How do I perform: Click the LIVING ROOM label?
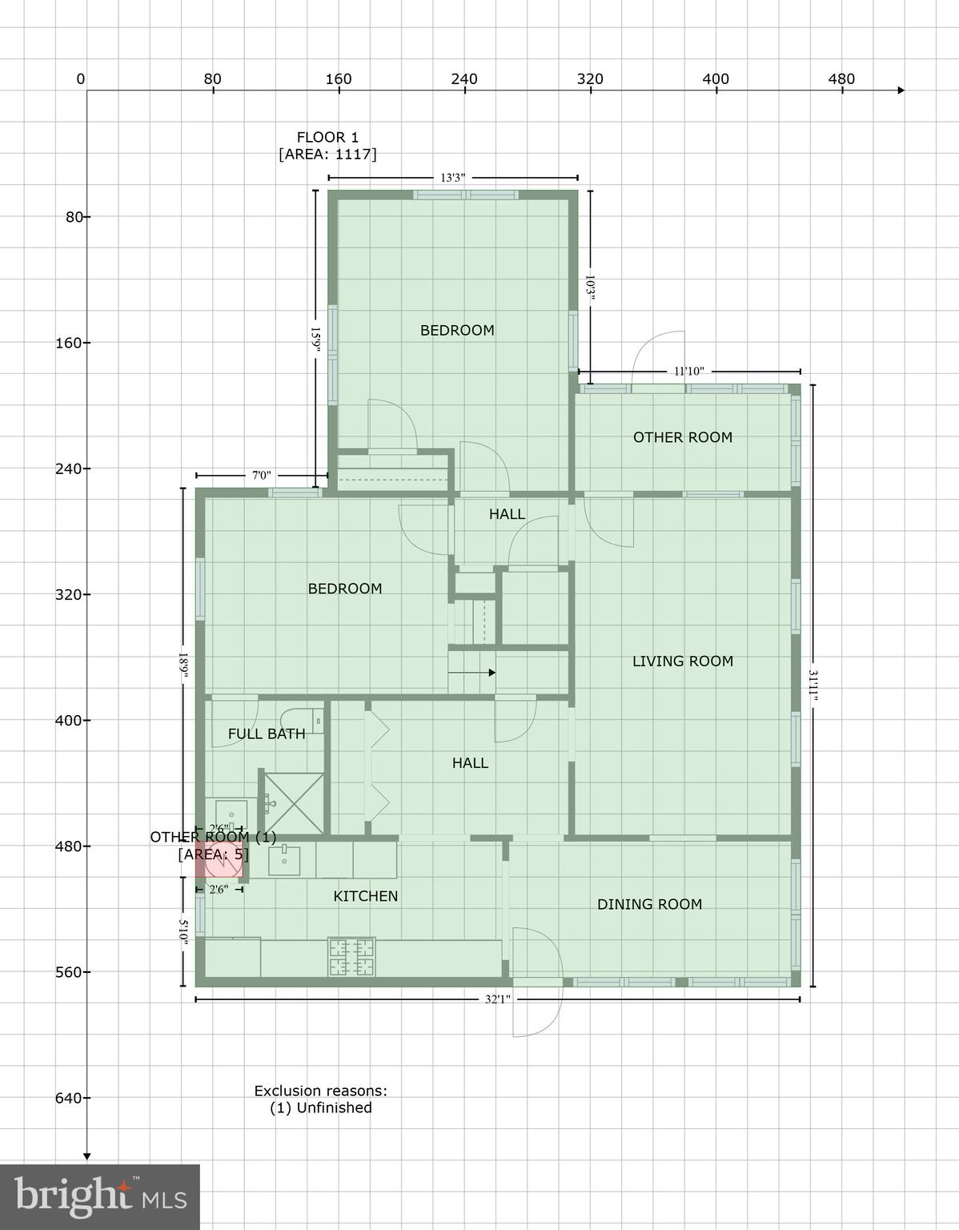point(682,661)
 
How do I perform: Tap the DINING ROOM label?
point(649,904)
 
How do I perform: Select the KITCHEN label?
point(365,896)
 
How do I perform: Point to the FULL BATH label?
point(267,734)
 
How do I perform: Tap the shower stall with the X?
point(294,802)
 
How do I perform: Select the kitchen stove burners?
point(351,956)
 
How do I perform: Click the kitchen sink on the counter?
point(283,862)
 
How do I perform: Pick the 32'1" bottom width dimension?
point(497,999)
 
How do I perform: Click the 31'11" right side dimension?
point(813,686)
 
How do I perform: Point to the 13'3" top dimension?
point(452,178)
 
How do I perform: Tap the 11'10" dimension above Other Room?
point(688,371)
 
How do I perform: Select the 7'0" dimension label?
point(261,476)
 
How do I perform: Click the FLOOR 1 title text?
point(327,137)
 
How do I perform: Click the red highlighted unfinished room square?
point(217,860)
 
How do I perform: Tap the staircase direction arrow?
point(471,673)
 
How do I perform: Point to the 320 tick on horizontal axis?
point(590,79)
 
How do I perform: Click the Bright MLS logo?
point(100,1196)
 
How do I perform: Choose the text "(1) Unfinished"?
point(320,1107)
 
